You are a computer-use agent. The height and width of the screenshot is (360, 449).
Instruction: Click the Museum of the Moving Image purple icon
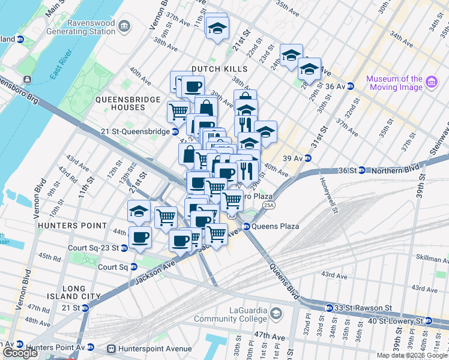click(x=431, y=82)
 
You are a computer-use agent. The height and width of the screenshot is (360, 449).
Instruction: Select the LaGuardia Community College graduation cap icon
click(x=276, y=313)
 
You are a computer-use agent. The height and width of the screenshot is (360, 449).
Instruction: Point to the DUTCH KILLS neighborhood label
click(x=219, y=69)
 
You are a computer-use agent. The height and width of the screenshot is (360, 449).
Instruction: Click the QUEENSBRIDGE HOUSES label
click(x=128, y=103)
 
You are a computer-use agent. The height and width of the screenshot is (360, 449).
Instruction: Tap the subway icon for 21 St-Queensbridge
click(x=175, y=131)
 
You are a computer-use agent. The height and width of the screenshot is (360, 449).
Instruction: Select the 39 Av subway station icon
click(x=307, y=158)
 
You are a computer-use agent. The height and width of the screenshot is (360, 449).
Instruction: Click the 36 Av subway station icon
click(x=350, y=86)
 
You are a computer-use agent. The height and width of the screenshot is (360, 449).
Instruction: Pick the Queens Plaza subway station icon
click(x=246, y=227)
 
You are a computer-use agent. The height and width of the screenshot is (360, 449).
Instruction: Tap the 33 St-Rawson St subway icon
click(x=328, y=308)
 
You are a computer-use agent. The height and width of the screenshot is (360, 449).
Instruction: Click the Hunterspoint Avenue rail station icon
click(x=110, y=348)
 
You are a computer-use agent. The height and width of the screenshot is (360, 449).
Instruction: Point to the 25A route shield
click(x=268, y=205)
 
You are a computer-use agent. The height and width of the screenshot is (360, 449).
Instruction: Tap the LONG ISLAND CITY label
click(x=66, y=292)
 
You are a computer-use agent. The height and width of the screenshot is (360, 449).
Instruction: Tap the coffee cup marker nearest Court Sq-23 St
click(x=140, y=237)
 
